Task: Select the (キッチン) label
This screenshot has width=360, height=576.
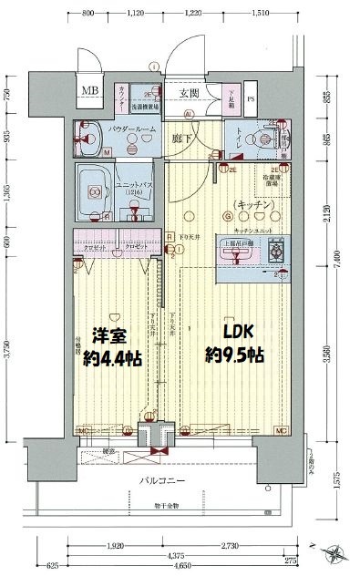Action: point(252,204)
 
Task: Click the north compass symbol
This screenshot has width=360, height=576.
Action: point(334,551)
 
